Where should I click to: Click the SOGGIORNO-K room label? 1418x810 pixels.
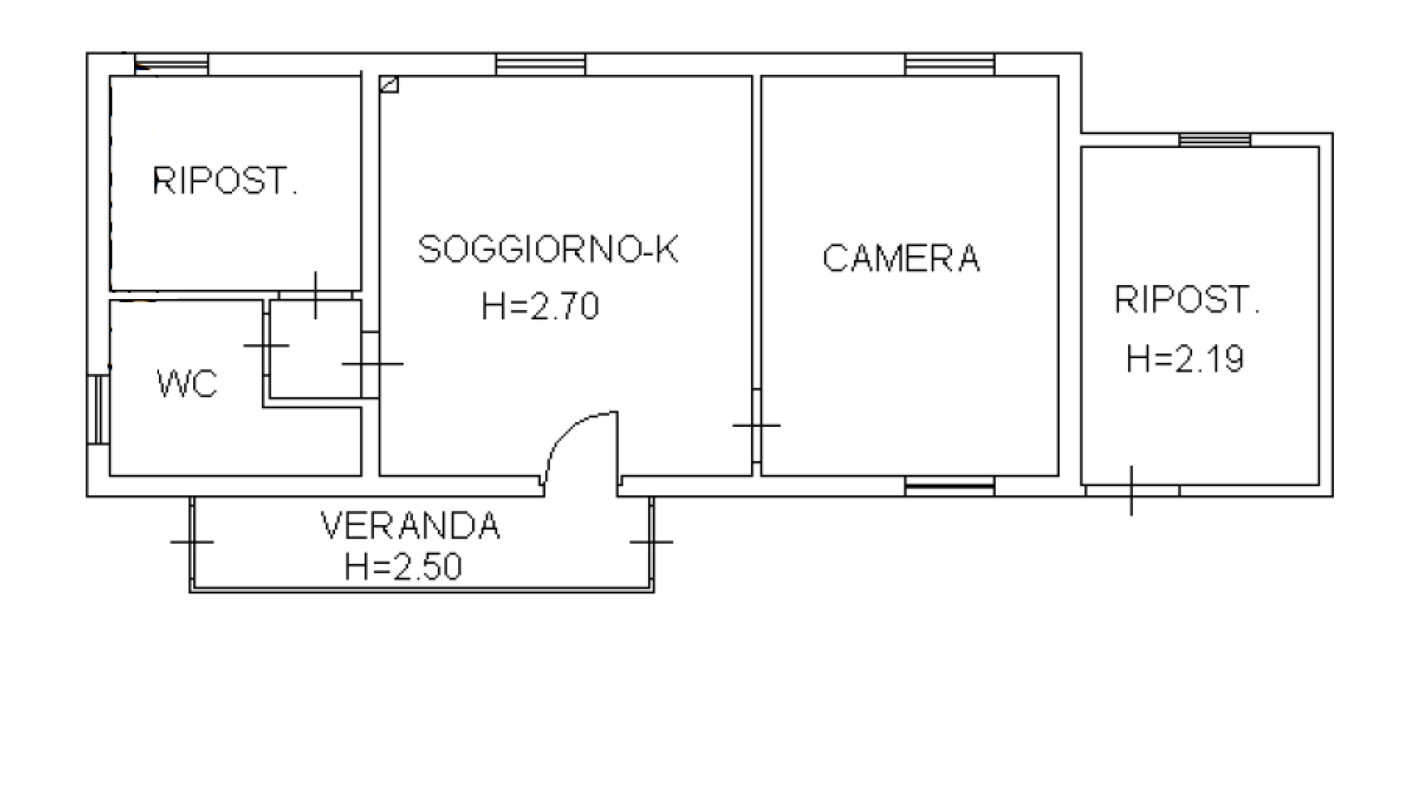pyautogui.click(x=548, y=249)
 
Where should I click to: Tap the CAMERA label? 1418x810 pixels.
pyautogui.click(x=901, y=258)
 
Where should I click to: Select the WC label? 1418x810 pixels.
pyautogui.click(x=187, y=384)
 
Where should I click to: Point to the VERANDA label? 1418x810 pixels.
pyautogui.click(x=410, y=526)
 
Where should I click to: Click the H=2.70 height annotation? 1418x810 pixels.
pyautogui.click(x=540, y=306)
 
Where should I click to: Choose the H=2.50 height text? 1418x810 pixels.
pyautogui.click(x=403, y=567)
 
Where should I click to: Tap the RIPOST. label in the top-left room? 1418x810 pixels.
pyautogui.click(x=225, y=180)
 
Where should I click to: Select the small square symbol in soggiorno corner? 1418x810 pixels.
pyautogui.click(x=389, y=85)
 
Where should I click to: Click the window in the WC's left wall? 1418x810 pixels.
pyautogui.click(x=98, y=410)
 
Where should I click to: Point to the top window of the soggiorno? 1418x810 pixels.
pyautogui.click(x=541, y=65)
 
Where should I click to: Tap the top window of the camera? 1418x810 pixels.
pyautogui.click(x=950, y=65)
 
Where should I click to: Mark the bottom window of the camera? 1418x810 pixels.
pyautogui.click(x=950, y=486)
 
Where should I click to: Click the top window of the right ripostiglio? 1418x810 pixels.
pyautogui.click(x=1215, y=140)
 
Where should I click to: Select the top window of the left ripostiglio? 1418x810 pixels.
pyautogui.click(x=171, y=65)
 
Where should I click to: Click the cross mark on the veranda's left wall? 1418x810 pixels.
pyautogui.click(x=192, y=541)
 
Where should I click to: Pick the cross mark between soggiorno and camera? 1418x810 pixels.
pyautogui.click(x=756, y=425)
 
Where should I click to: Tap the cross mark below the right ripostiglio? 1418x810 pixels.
pyautogui.click(x=1132, y=491)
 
